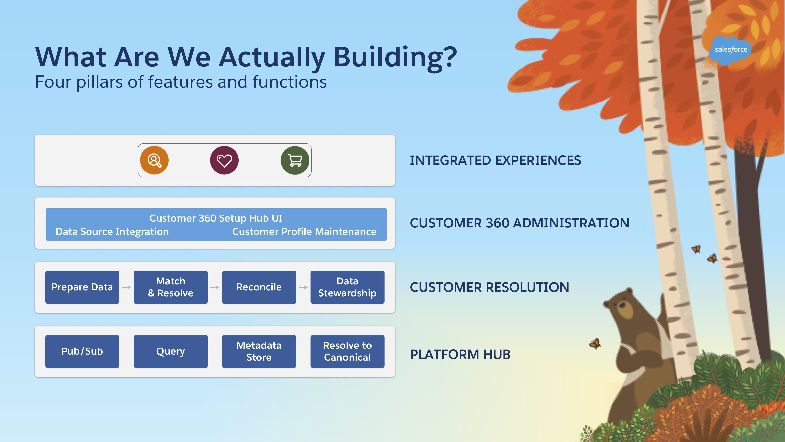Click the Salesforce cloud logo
[730, 50]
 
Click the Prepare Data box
[82, 287]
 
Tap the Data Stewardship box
[347, 287]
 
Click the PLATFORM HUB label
[460, 354]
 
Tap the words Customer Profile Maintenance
[304, 232]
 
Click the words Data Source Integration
[112, 232]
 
